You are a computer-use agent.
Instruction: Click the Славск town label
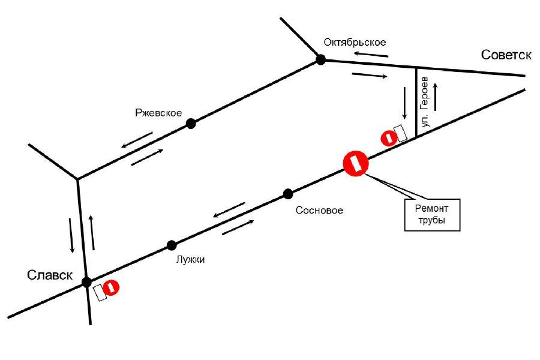tap(50, 275)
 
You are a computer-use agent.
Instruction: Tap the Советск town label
tap(506, 55)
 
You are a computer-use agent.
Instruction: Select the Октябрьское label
tap(354, 42)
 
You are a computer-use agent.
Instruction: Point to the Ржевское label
tap(159, 113)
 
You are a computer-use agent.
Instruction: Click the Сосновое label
tap(319, 211)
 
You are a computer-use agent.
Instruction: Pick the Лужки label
tap(191, 260)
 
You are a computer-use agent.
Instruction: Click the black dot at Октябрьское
tap(321, 59)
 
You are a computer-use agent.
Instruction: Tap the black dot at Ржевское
tap(191, 124)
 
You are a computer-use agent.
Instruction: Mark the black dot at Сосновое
tap(288, 193)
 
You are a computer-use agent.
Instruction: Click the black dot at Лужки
tap(172, 245)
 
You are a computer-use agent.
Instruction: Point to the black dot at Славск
tap(86, 281)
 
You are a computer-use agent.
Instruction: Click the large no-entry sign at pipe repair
tap(355, 163)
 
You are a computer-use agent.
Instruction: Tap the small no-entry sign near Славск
tap(112, 288)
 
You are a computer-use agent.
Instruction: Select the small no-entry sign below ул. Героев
tap(389, 138)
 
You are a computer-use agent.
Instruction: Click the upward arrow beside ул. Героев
tap(436, 97)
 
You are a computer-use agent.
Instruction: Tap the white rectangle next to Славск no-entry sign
tap(100, 293)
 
